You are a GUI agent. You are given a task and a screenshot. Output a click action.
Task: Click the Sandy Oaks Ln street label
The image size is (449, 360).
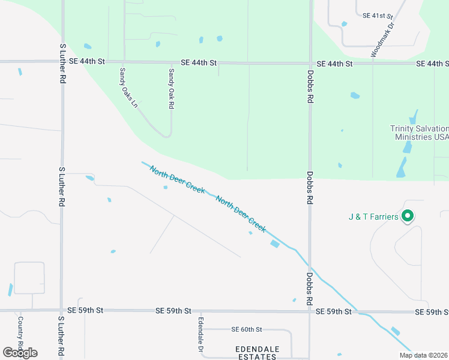click(128, 88)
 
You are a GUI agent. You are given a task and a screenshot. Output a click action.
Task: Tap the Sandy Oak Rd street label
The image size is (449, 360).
click(171, 88)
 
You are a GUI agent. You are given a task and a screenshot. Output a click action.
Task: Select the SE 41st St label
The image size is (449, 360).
click(377, 16)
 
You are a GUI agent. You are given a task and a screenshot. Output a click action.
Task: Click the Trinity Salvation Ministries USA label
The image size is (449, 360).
click(419, 133)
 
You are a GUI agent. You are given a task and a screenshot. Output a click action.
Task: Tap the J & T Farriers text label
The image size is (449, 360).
click(373, 217)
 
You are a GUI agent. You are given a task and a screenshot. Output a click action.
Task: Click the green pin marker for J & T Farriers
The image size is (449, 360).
click(408, 216)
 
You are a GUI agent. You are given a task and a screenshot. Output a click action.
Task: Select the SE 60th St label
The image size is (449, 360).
click(247, 329)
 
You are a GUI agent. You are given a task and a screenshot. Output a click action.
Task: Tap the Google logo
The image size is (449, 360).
click(20, 353)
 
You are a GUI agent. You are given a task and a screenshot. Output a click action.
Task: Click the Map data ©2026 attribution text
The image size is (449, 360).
click(423, 355)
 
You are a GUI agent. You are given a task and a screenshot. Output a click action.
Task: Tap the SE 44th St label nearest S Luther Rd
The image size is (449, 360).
click(86, 61)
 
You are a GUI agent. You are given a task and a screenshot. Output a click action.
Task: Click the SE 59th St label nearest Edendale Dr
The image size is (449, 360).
click(173, 311)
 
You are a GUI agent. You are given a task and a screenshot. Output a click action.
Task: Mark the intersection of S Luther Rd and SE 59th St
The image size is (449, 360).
click(61, 311)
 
